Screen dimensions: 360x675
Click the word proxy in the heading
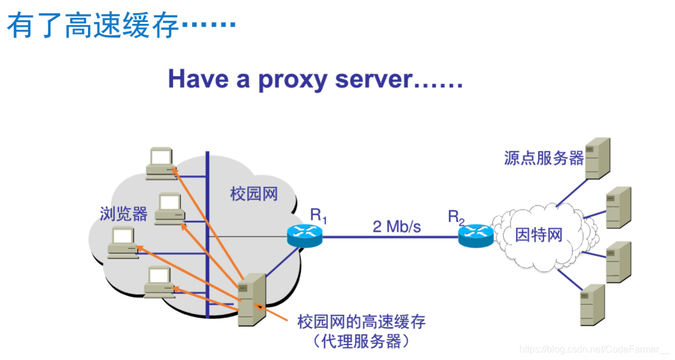(x=291, y=79)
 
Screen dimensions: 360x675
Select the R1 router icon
(x=304, y=236)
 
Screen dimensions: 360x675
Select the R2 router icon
(x=475, y=236)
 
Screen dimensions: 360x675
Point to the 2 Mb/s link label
(x=396, y=226)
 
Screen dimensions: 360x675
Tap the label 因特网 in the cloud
(x=538, y=235)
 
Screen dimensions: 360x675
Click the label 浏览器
(x=124, y=214)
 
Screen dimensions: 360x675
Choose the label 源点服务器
(x=544, y=158)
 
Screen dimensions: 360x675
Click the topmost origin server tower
(x=597, y=158)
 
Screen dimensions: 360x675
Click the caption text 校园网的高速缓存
(x=361, y=323)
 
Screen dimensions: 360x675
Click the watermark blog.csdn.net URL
(x=594, y=350)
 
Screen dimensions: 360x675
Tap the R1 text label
(x=318, y=216)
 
